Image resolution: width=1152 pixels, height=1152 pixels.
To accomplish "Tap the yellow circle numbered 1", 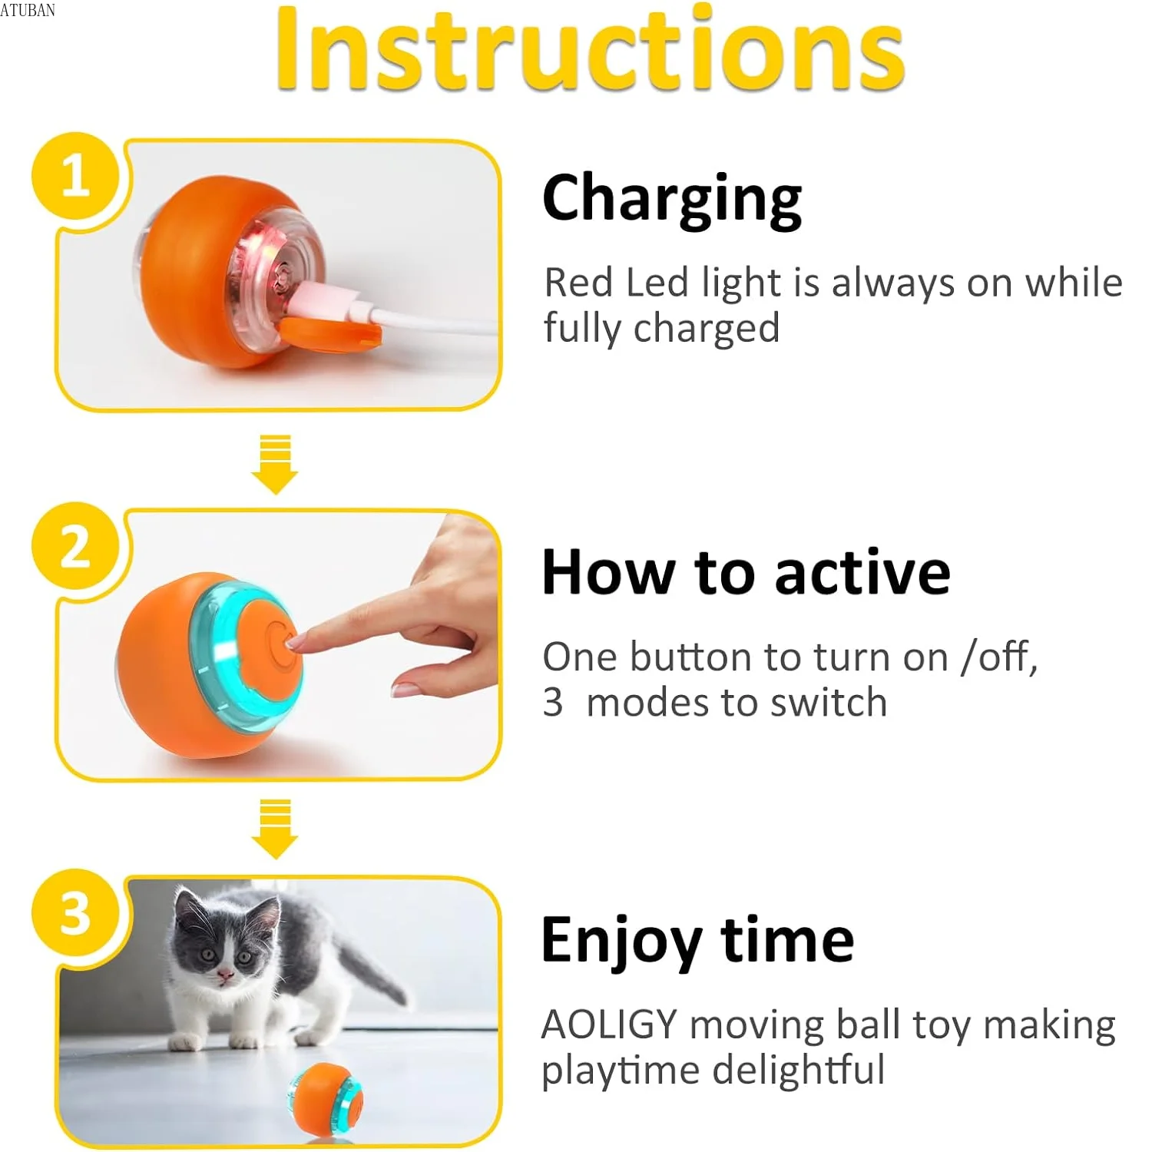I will point(75,177).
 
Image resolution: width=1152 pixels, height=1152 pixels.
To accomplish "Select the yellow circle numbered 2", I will point(75,547).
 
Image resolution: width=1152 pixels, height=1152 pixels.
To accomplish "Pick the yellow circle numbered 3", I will point(75,914).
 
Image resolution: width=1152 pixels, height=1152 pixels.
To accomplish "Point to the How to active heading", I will point(746,572).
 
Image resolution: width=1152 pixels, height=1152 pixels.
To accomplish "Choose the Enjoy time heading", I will point(697,940).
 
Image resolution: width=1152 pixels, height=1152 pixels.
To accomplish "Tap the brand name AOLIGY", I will point(609,1025).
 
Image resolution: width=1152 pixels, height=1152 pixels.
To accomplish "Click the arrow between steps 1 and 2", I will point(275,465).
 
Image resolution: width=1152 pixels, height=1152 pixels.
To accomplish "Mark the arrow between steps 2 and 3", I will point(275,829).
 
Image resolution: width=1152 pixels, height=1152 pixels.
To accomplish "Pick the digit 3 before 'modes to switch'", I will point(552,703).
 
